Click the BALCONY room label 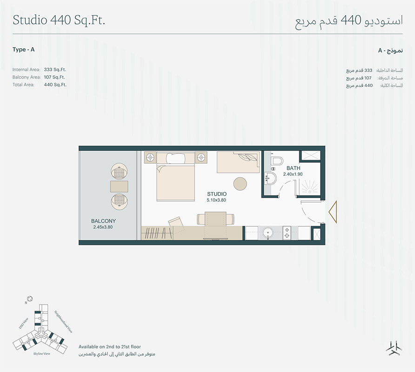103,221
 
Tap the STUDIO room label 217,194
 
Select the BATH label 293,168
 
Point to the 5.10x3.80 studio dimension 217,200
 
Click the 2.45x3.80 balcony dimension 103,227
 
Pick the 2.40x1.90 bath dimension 293,174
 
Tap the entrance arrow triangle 332,212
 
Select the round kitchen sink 268,232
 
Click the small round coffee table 241,183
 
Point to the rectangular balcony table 119,186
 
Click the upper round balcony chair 119,171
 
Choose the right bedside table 201,157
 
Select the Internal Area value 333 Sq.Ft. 54,69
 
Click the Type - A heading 24,49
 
